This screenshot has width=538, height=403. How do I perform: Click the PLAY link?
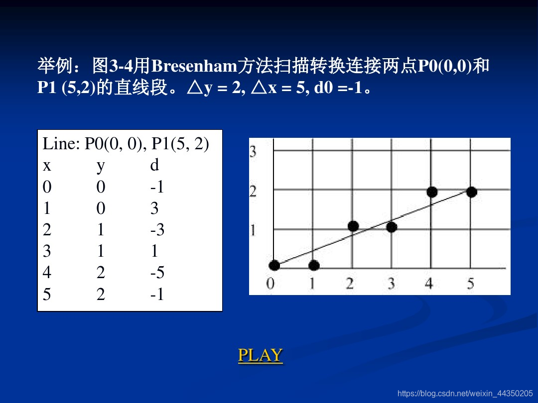[260, 355]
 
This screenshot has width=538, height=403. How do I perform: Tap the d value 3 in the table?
[154, 208]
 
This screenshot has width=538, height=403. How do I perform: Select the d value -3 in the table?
[157, 230]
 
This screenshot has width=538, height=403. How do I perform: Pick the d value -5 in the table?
[157, 273]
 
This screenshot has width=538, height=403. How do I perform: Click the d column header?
[154, 165]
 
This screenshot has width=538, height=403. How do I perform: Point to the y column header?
[101, 165]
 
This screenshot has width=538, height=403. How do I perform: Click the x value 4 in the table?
[47, 273]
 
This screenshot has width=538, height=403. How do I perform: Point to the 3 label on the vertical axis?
[253, 151]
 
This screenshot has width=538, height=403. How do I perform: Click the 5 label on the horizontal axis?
[470, 284]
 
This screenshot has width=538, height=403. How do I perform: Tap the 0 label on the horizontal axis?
[270, 284]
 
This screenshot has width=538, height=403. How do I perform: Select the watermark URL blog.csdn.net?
[465, 394]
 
